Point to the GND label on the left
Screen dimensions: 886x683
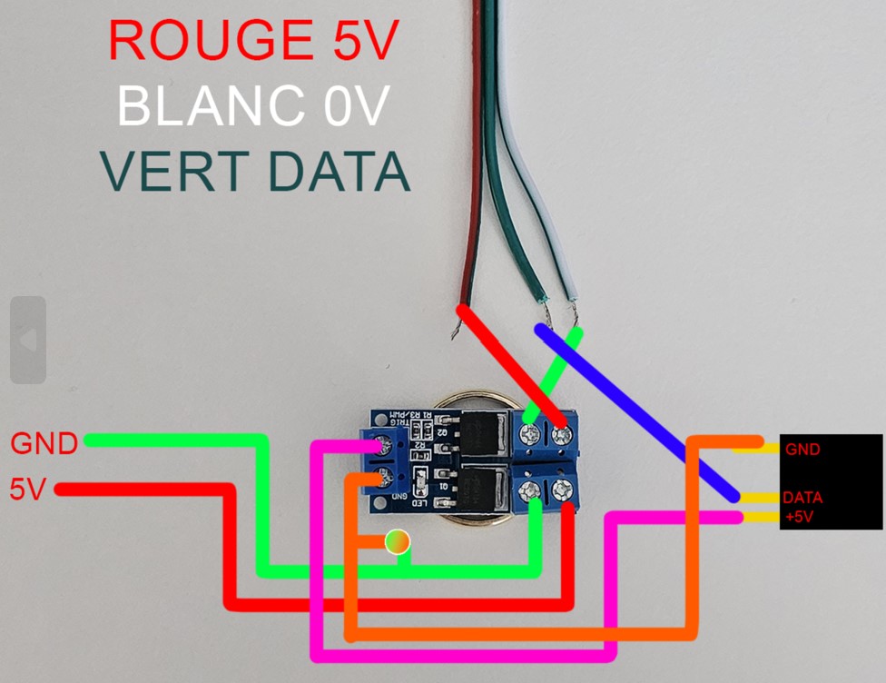coord(44,444)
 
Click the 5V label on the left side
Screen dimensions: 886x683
coord(27,490)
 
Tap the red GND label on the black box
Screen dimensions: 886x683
coord(804,449)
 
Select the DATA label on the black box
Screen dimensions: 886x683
coord(802,498)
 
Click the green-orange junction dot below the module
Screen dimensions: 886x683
coord(397,542)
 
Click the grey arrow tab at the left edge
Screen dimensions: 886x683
coord(27,340)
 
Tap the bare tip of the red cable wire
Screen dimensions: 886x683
coord(455,332)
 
